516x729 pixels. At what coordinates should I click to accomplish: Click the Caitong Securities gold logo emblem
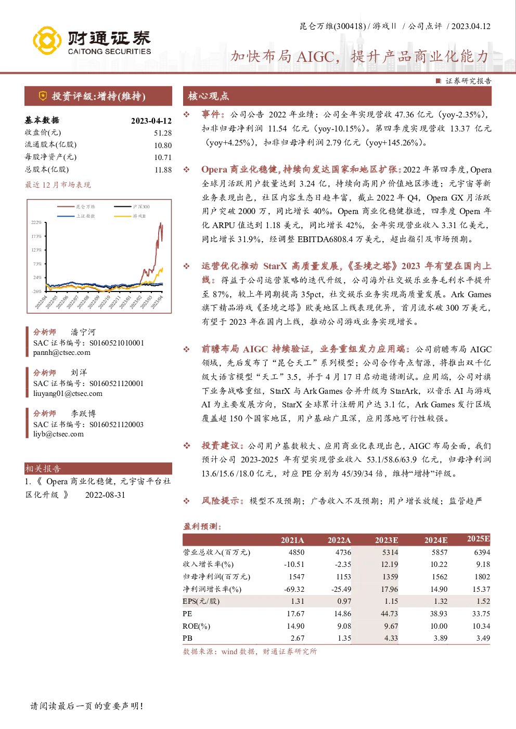point(47,41)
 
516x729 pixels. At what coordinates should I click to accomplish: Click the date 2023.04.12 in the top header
point(471,26)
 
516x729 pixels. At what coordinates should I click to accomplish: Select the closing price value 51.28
point(163,133)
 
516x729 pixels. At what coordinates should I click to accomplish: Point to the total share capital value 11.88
point(163,170)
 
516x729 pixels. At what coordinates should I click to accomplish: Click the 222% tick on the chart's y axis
point(36,222)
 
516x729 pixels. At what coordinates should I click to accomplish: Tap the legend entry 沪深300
point(141,207)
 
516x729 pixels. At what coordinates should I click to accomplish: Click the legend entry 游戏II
point(139,216)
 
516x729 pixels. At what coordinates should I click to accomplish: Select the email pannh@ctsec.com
point(62,352)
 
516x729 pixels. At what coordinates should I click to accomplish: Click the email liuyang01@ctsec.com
point(68,393)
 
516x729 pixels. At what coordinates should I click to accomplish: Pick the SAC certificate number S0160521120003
point(117,425)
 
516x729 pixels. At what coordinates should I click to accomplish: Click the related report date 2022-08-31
point(105,495)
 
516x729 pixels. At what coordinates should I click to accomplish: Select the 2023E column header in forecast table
point(386,540)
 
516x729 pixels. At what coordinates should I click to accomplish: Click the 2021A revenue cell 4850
point(296,552)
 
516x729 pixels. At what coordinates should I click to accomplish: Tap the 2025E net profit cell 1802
point(482,577)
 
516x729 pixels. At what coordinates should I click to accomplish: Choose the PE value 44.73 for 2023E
point(390,614)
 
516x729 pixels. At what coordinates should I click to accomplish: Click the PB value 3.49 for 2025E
point(483,638)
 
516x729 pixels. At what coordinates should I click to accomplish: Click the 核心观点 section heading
point(209,96)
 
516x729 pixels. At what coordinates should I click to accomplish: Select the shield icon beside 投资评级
point(43,96)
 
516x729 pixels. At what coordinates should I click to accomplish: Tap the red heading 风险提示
point(221,501)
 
